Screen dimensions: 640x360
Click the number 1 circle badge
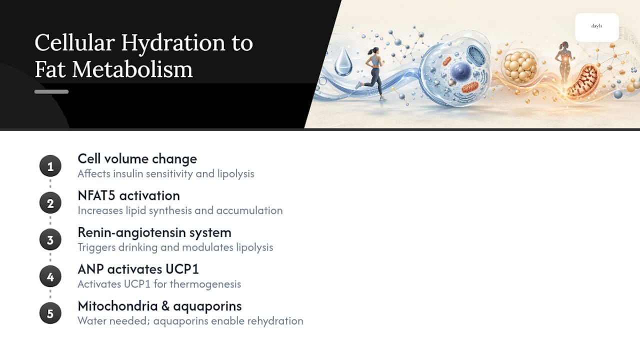tap(50, 166)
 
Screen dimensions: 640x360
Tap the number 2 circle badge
tap(50, 203)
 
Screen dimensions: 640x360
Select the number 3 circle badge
tap(50, 239)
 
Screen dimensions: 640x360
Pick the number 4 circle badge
tap(50, 276)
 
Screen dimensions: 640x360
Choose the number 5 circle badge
tap(50, 313)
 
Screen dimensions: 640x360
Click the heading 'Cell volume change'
tap(137, 159)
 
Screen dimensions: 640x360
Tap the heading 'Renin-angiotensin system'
tap(154, 232)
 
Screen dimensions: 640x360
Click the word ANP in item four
tap(90, 269)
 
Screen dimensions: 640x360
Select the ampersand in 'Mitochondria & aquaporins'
tap(165, 306)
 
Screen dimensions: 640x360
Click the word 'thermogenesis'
tap(205, 284)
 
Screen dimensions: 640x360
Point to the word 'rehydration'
tap(275, 321)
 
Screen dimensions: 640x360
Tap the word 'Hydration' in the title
tap(173, 43)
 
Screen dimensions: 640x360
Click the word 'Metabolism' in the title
tap(132, 69)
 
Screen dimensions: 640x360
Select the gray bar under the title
tap(51, 91)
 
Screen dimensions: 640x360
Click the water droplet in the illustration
tap(343, 62)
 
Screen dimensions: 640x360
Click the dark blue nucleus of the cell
tap(460, 71)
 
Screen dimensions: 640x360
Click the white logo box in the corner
tap(597, 27)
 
